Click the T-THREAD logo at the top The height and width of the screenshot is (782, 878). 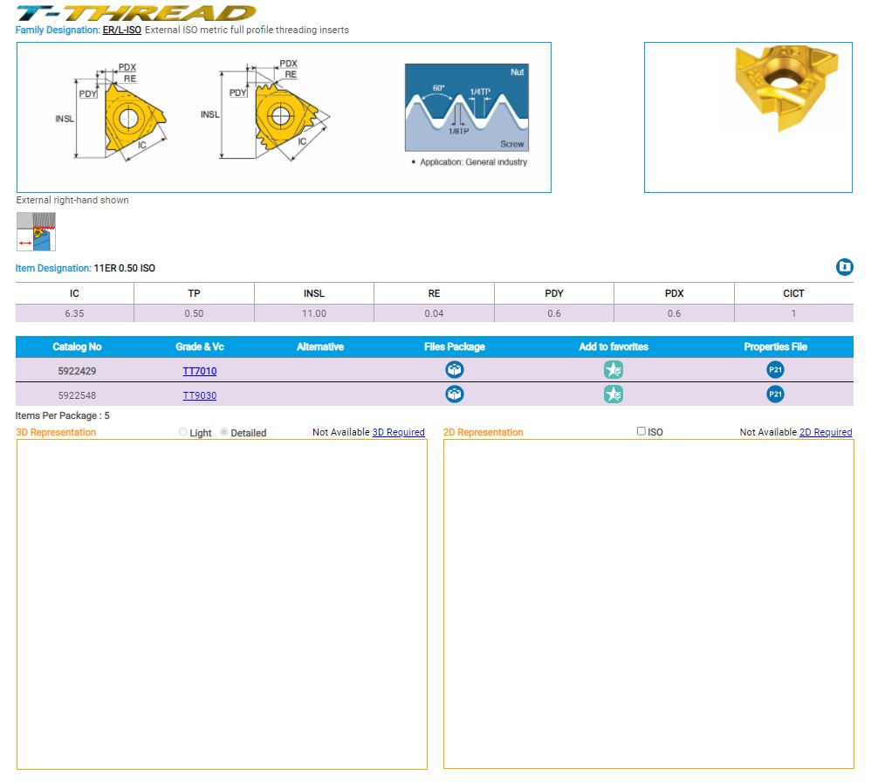[x=136, y=12]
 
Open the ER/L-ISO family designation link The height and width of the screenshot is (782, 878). [x=122, y=30]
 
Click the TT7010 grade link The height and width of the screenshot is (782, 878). [x=200, y=371]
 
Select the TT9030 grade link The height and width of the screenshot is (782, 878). [x=200, y=395]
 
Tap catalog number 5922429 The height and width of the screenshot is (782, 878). [x=77, y=371]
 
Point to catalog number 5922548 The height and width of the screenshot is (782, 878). [x=77, y=395]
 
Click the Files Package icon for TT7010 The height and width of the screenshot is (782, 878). [x=455, y=370]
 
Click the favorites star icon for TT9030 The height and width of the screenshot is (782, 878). [x=614, y=394]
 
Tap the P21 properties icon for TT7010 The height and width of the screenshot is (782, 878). [x=775, y=370]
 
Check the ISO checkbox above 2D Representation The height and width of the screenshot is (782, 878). [x=641, y=431]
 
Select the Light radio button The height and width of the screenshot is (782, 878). [x=183, y=432]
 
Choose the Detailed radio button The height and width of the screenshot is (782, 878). [x=224, y=432]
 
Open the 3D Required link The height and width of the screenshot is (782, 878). [x=398, y=432]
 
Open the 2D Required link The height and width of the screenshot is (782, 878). [x=826, y=432]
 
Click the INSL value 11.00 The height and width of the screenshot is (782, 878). [x=314, y=313]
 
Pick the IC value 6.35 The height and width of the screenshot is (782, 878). [x=74, y=313]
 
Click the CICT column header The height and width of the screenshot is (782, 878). [x=793, y=293]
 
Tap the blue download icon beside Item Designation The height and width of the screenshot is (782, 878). [x=844, y=267]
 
